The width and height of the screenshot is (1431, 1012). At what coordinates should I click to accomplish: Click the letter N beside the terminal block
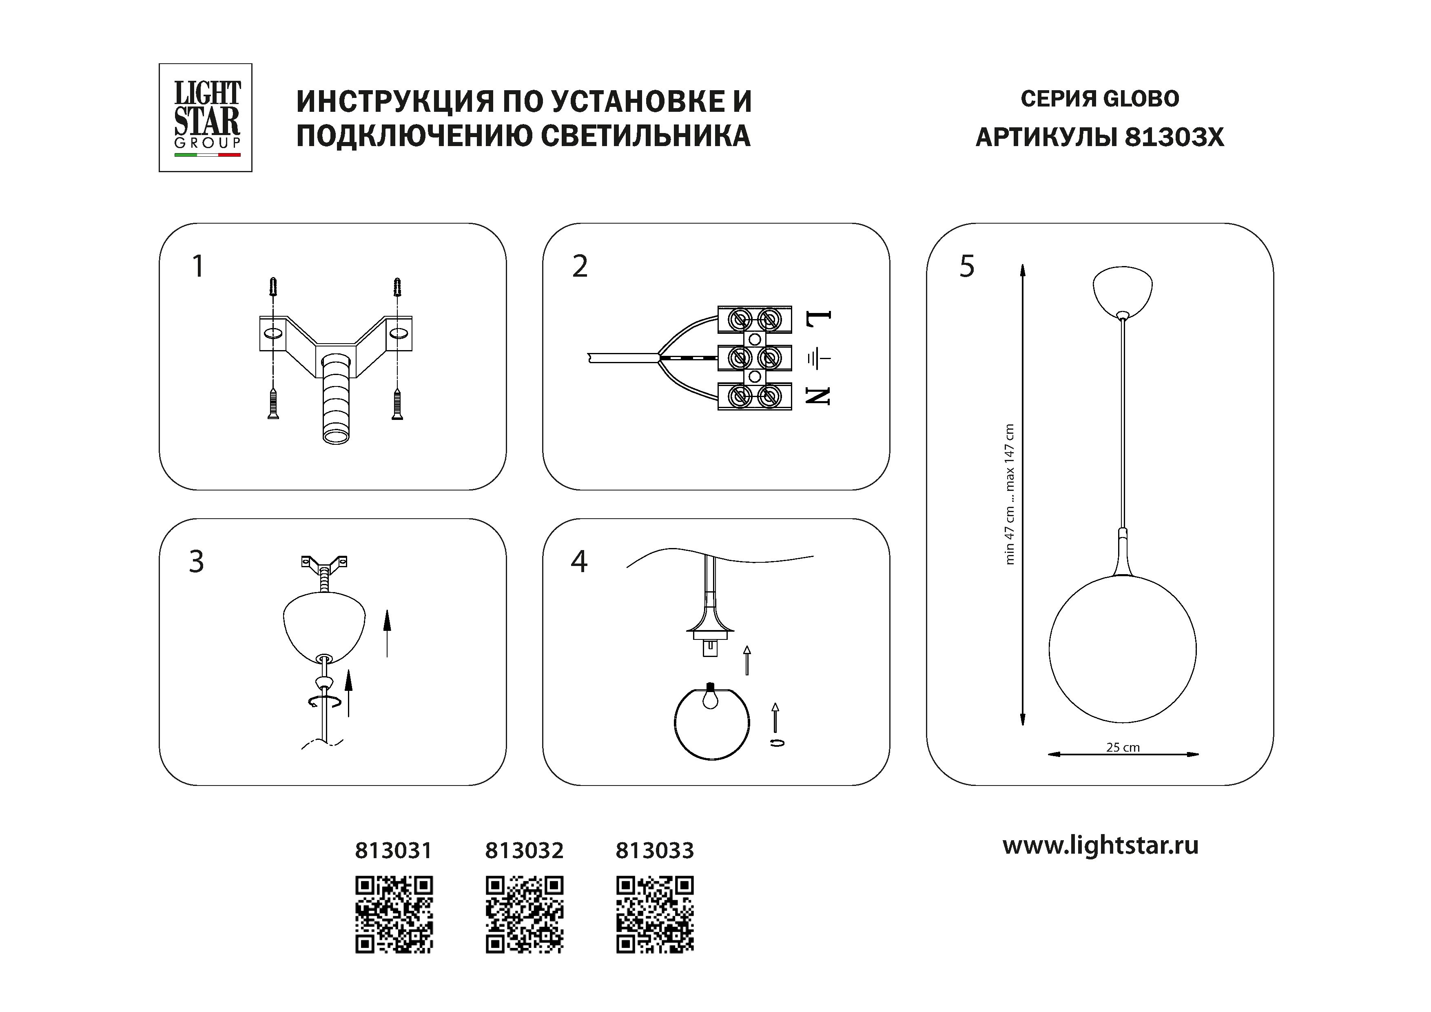pyautogui.click(x=818, y=395)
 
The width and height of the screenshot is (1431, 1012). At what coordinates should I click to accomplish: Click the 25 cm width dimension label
pyautogui.click(x=1123, y=747)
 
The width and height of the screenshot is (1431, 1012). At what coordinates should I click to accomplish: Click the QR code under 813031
pyautogui.click(x=394, y=914)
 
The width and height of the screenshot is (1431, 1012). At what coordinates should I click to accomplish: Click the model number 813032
pyautogui.click(x=524, y=850)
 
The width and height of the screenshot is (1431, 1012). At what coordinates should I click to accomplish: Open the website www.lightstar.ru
pyautogui.click(x=1100, y=846)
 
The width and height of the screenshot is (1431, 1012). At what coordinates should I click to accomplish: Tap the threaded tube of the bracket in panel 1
pyautogui.click(x=337, y=405)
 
